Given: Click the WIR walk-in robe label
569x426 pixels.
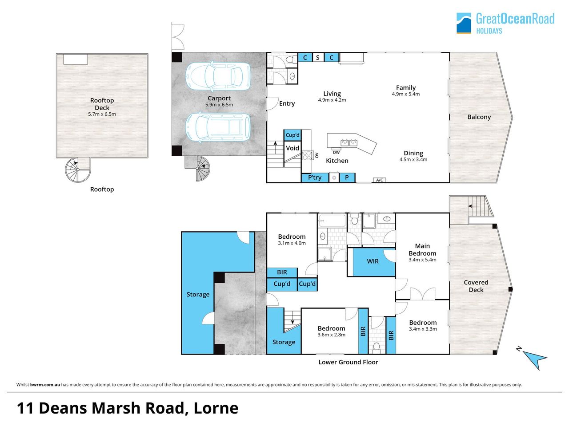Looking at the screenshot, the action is [373, 261].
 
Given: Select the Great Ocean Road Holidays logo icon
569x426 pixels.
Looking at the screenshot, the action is [464, 23].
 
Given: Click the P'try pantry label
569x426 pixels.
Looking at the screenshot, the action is [314, 177].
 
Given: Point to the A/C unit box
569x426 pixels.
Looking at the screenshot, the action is [380, 180].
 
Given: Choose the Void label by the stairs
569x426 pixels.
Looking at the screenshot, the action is [293, 148].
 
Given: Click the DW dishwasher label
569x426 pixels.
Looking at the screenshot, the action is [336, 153].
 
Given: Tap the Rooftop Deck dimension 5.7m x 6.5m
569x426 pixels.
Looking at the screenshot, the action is [102, 114].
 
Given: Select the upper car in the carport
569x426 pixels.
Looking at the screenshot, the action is [218, 76].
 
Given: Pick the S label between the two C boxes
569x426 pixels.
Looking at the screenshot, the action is [318, 58].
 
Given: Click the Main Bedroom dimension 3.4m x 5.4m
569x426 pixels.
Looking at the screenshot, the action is [422, 260].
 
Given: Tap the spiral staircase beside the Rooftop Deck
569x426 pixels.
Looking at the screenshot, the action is [78, 170].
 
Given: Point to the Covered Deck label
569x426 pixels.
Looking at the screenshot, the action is [476, 286].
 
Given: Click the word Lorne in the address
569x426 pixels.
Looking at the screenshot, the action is [216, 408].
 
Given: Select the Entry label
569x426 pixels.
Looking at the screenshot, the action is [287, 104].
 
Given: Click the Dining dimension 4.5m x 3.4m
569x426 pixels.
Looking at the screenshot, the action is [413, 160].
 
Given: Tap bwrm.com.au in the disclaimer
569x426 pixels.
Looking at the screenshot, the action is [45, 385].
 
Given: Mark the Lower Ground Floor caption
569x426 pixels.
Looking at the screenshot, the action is [348, 362].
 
